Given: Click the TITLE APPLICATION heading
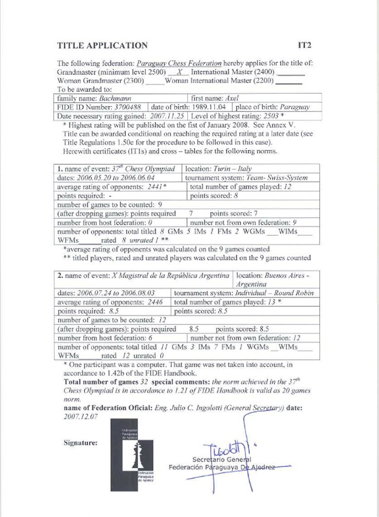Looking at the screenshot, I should (x=102, y=46).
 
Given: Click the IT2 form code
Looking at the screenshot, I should (x=304, y=46).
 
